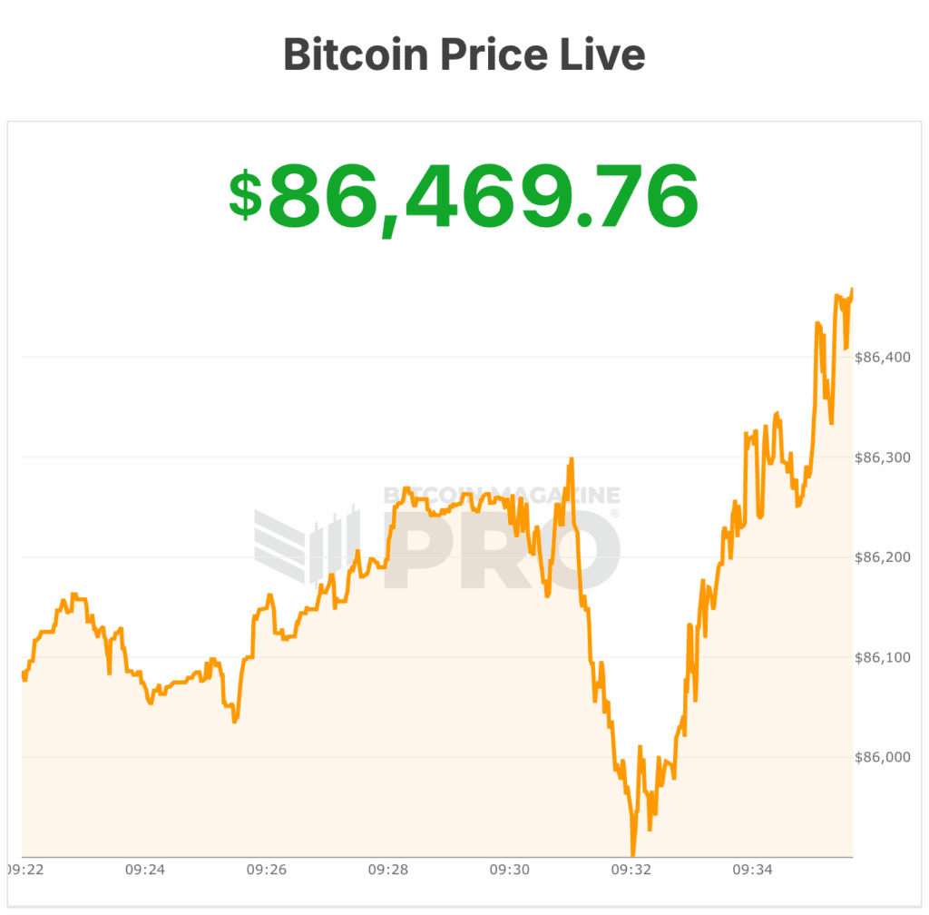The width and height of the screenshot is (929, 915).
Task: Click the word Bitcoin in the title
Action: [354, 54]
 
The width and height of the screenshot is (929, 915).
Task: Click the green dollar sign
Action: [245, 196]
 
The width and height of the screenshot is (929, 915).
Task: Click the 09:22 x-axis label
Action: [24, 870]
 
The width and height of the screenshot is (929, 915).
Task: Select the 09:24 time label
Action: [145, 870]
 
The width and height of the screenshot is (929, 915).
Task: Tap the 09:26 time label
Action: [267, 870]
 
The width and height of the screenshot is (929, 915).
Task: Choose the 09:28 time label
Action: [388, 870]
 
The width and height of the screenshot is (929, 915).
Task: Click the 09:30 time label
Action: [510, 870]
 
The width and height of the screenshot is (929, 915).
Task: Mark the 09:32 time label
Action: [631, 870]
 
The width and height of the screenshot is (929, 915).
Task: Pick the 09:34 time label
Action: [753, 870]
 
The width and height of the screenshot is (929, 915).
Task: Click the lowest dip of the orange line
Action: [632, 853]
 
